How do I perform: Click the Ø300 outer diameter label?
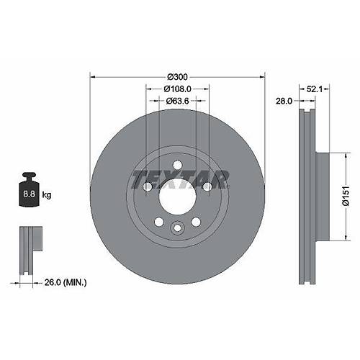177,77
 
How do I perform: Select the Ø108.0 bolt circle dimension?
177,89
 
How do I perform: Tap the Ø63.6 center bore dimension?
177,101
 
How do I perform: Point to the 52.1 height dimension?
314,89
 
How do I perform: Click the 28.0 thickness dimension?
284,101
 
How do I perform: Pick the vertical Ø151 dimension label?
346,196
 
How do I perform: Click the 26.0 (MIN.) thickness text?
66,282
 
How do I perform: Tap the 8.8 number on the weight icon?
29,194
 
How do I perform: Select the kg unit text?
47,194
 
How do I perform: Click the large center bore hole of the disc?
178,197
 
